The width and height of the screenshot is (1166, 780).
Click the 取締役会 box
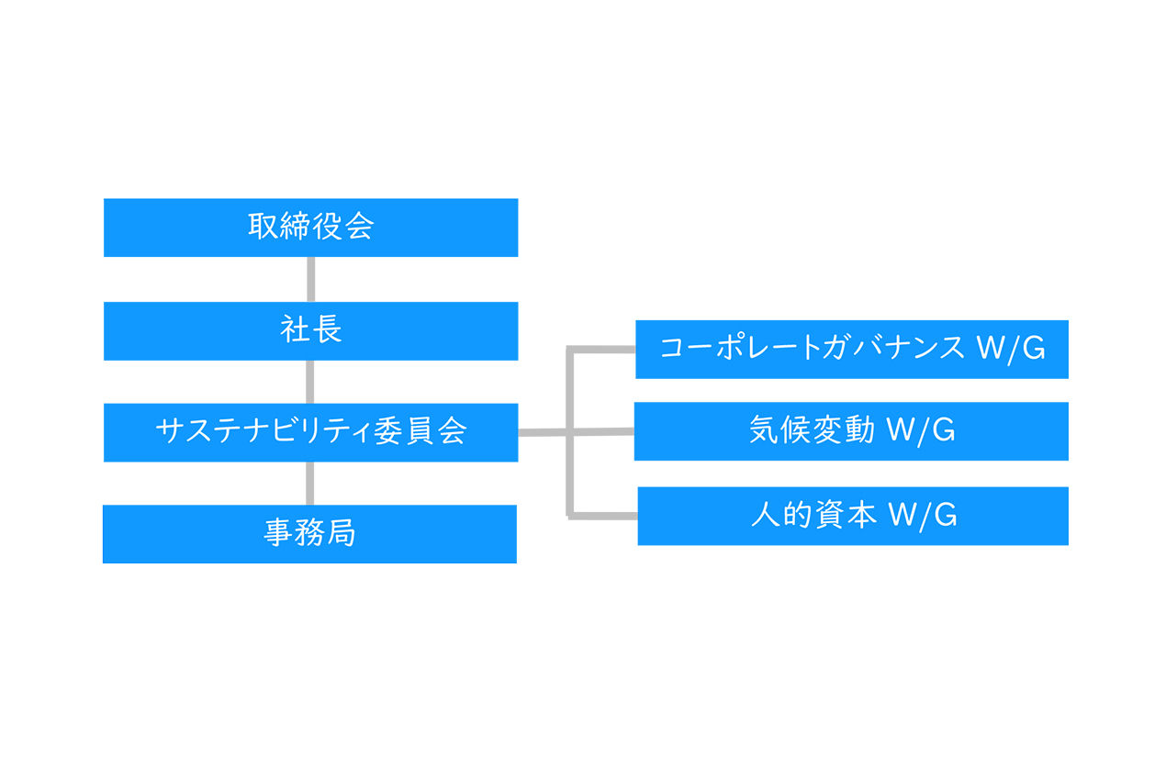(x=310, y=227)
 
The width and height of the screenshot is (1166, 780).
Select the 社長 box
(x=310, y=330)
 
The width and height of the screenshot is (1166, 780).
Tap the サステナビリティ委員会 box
(x=310, y=431)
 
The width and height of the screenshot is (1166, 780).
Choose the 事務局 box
(x=309, y=533)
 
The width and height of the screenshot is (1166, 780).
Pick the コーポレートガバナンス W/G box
(x=851, y=349)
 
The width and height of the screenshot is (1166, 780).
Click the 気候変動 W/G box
(x=851, y=430)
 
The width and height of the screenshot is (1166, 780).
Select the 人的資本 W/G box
(x=853, y=516)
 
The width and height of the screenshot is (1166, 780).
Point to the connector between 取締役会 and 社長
(x=310, y=279)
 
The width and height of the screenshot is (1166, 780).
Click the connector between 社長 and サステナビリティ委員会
(x=310, y=381)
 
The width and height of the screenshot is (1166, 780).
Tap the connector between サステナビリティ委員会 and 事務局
(x=310, y=483)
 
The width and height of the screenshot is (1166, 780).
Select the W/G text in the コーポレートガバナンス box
(x=1010, y=349)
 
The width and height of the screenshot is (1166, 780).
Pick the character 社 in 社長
(x=295, y=330)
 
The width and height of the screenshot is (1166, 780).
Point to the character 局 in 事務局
(x=341, y=533)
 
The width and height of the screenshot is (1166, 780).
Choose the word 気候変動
(x=812, y=430)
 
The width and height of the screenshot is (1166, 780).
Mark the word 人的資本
(x=812, y=516)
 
